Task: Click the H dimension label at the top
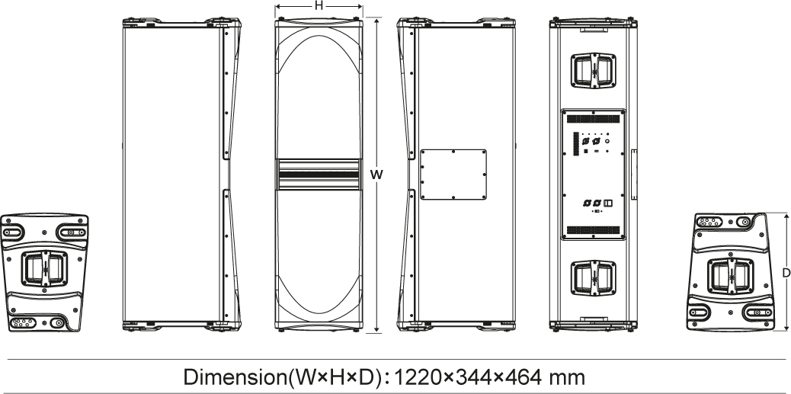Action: tap(319, 6)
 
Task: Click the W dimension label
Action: tap(376, 175)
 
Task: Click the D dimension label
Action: tap(786, 273)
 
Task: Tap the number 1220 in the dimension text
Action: tap(417, 376)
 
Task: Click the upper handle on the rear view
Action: tap(593, 69)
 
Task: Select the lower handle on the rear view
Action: tap(593, 277)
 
